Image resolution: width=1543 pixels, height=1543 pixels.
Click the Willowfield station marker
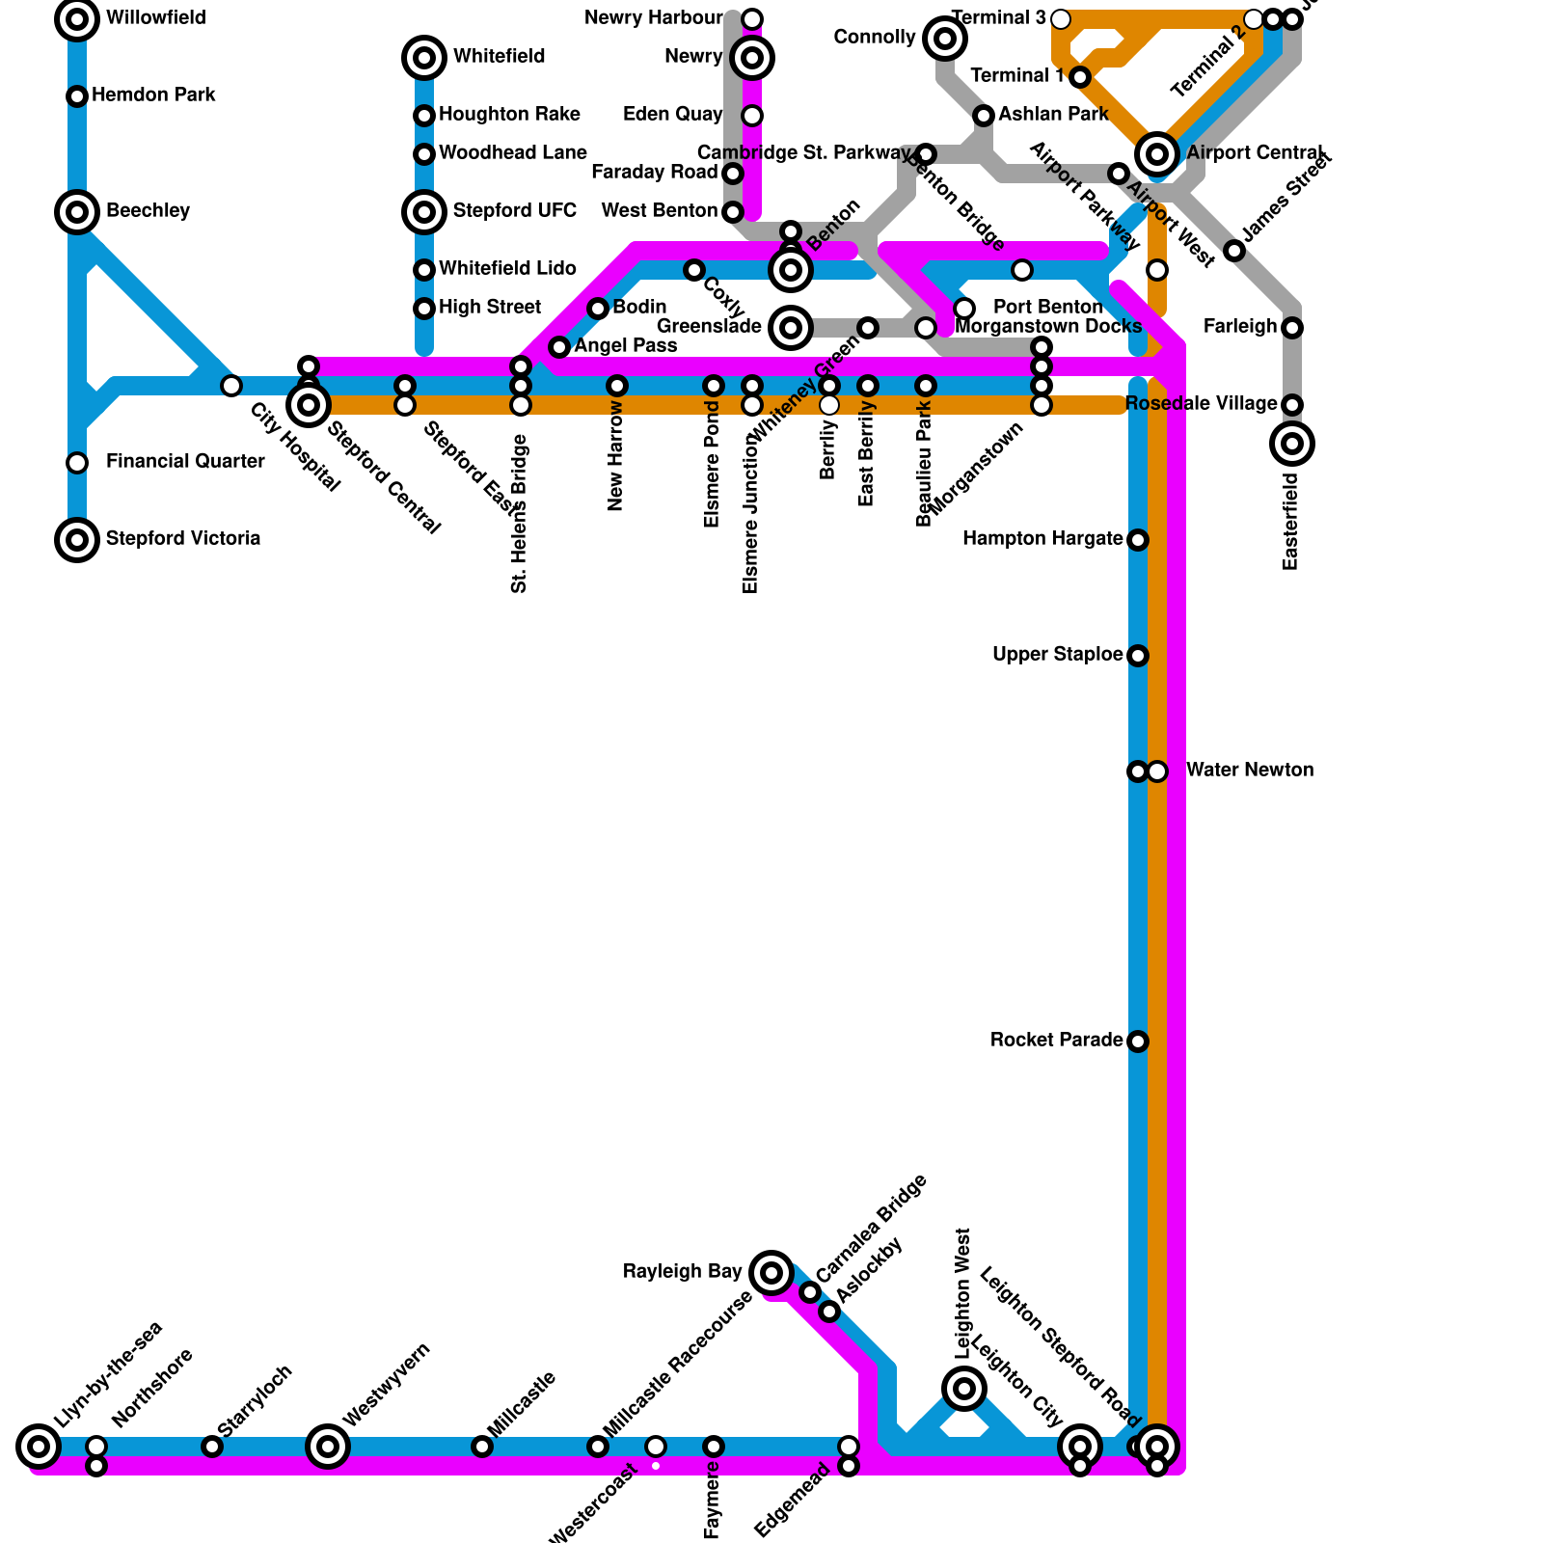coord(77,19)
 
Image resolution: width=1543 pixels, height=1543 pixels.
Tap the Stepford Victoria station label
coord(182,538)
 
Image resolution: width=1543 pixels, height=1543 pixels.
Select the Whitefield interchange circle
coord(424,58)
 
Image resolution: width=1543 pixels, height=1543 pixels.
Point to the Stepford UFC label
coord(514,210)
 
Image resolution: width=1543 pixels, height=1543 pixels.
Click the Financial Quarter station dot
coord(77,463)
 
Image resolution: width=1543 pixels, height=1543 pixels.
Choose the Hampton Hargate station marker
coord(1138,540)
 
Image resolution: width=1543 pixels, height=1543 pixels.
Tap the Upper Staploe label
coord(1057,655)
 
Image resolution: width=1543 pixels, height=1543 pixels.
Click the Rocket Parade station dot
coord(1138,1042)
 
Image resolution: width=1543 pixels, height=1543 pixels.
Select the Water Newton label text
coord(1249,770)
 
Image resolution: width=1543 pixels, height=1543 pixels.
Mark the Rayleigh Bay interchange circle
coord(771,1273)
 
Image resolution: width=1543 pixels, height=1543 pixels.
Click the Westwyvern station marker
coord(328,1447)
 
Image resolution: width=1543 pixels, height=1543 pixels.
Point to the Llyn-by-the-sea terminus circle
coord(39,1447)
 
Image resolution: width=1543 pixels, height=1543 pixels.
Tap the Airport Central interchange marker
coord(1157,154)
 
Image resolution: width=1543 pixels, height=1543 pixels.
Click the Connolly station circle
coord(945,39)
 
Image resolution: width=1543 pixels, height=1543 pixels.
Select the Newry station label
coord(693,57)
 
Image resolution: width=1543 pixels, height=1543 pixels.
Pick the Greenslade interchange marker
coord(791,328)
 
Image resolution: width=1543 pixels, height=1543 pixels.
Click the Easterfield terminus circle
coord(1292,444)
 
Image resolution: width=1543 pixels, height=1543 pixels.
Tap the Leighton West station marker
coord(964,1389)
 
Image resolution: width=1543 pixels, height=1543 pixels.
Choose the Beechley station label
coord(148,210)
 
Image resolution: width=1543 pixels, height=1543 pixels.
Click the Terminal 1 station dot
coord(1080,77)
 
